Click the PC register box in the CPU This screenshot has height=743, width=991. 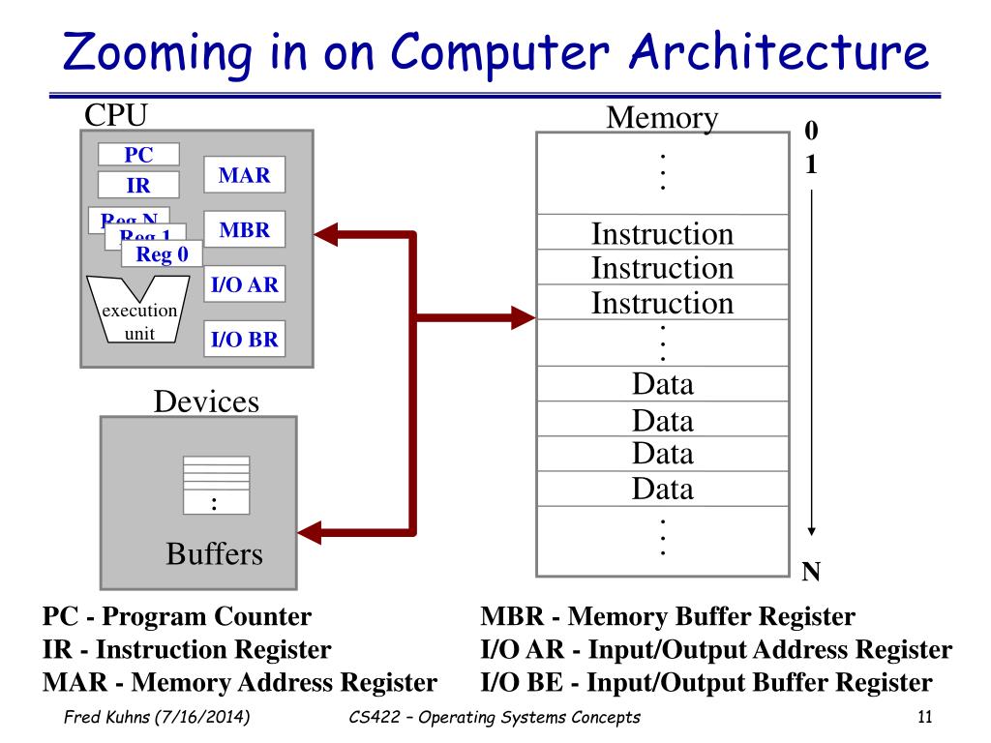pos(138,155)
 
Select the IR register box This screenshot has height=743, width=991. pos(138,186)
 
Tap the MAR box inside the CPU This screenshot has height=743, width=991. pos(244,176)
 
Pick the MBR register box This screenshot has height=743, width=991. pos(244,231)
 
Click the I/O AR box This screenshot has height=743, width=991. pos(244,285)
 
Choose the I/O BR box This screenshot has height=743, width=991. pos(244,340)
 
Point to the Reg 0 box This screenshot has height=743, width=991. pos(162,254)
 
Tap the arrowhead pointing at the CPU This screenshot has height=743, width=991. pos(325,232)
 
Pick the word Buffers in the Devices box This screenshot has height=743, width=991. pos(214,554)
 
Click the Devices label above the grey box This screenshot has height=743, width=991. pos(206,401)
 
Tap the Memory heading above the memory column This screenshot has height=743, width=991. pos(662,118)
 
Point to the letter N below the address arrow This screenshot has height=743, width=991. pos(812,573)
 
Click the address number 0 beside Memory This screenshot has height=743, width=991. pos(811,130)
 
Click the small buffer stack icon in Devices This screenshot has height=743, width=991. pos(215,485)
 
